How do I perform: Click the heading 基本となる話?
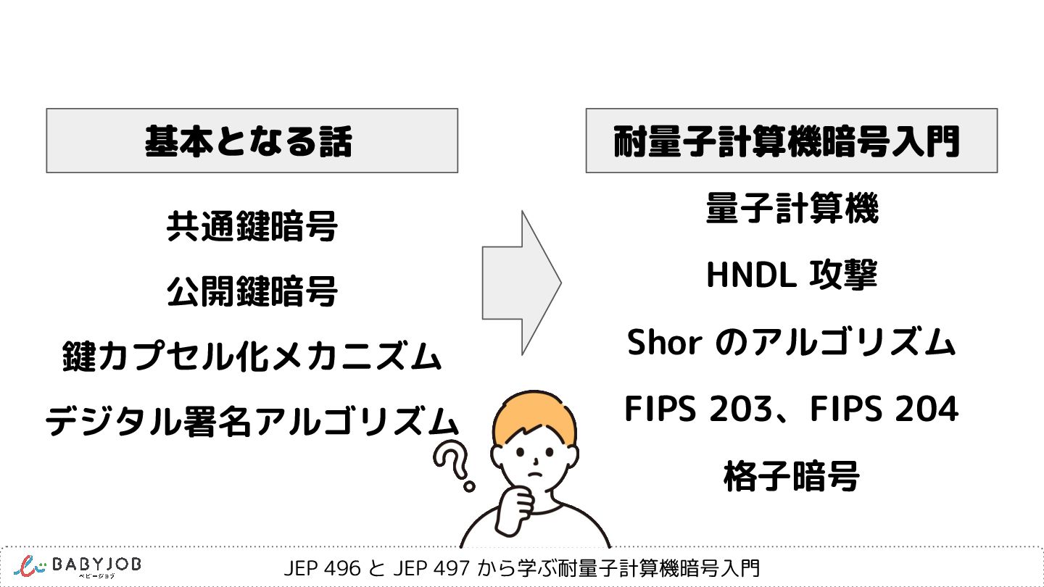pyautogui.click(x=249, y=141)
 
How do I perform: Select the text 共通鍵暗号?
pyautogui.click(x=252, y=228)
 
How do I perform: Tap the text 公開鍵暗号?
pyautogui.click(x=252, y=292)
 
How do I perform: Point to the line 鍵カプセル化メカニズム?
pyautogui.click(x=252, y=357)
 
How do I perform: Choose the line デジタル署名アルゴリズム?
pyautogui.click(x=252, y=421)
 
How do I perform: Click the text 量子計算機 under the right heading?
pyautogui.click(x=792, y=210)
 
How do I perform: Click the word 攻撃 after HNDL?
pyautogui.click(x=848, y=275)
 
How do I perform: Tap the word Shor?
pyautogui.click(x=665, y=343)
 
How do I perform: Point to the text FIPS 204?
pyautogui.click(x=884, y=409)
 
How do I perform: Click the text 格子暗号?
pyautogui.click(x=792, y=477)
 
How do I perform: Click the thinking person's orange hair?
pyautogui.click(x=533, y=413)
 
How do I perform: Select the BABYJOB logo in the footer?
pyautogui.click(x=80, y=567)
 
